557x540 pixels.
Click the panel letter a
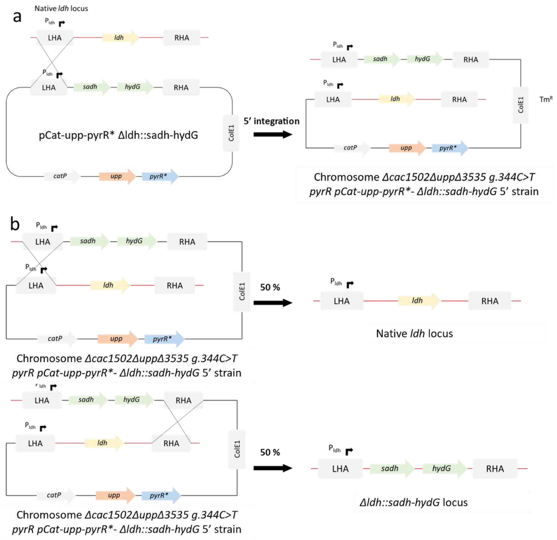pos(17,17)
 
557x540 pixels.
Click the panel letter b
pos(15,224)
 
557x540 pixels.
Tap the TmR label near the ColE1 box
pos(546,99)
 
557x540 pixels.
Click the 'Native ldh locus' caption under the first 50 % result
pos(414,334)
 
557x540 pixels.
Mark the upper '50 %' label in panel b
pos(270,287)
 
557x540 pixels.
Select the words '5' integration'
pos(271,121)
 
